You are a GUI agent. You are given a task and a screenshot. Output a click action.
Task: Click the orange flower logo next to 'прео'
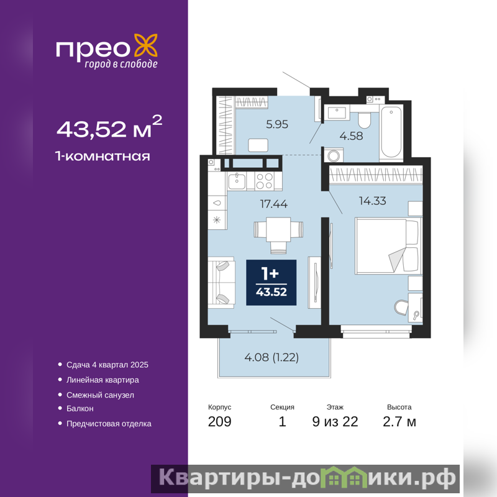[146, 46]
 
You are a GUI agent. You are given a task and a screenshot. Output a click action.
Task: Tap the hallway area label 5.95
[277, 124]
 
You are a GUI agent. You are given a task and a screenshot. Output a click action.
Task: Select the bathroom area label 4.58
[351, 136]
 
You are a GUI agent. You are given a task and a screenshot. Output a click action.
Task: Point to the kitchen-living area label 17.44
[274, 204]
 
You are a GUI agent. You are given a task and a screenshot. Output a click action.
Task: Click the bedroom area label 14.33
[372, 201]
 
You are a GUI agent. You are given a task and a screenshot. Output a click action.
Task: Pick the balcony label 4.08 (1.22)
[271, 357]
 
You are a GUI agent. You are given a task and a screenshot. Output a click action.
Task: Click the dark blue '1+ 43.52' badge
[271, 283]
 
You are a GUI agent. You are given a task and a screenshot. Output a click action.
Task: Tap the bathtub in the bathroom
[391, 132]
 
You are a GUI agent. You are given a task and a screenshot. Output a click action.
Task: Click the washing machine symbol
[334, 155]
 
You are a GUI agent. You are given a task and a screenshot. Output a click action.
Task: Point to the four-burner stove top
[265, 181]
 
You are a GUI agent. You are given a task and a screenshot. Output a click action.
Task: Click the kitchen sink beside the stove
[237, 181]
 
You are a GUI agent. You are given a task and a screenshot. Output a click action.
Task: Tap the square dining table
[278, 229]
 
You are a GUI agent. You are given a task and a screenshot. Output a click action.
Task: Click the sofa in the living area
[221, 283]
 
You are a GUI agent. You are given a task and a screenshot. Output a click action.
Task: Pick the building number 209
[220, 422]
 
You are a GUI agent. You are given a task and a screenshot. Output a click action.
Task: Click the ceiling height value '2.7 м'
[399, 422]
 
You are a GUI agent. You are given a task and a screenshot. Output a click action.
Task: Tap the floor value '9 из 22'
[335, 422]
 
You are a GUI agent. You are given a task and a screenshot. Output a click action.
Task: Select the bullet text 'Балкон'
[80, 409]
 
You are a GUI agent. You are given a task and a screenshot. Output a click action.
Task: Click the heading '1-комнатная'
[103, 157]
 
